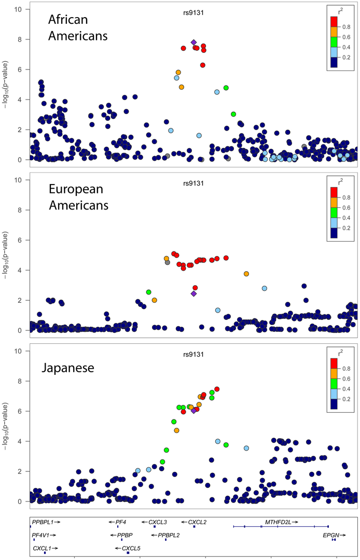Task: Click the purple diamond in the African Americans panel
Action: click(x=193, y=43)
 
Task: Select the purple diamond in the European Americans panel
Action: click(x=193, y=293)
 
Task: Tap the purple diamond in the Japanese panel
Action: click(x=193, y=411)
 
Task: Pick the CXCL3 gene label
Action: click(x=158, y=522)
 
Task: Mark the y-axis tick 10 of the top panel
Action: click(x=18, y=9)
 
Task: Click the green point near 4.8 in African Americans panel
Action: click(x=226, y=88)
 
